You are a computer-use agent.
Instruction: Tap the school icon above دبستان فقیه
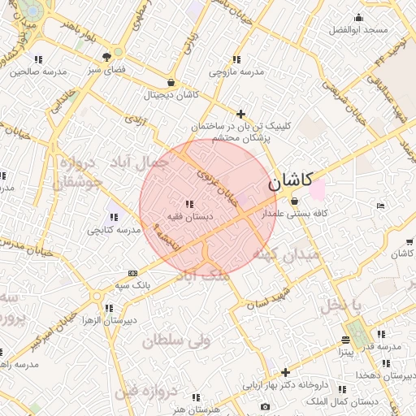189,204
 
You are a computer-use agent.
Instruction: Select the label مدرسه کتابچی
113,231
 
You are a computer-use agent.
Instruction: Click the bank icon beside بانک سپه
132,273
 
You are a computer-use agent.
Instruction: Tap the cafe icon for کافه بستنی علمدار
293,201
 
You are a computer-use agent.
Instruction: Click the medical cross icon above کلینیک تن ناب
240,114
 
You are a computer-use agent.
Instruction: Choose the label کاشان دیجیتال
171,95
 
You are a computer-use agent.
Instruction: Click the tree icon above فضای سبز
107,57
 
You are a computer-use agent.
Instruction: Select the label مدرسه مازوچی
236,72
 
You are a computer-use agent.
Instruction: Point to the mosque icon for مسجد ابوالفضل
358,18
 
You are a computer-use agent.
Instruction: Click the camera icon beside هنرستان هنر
265,406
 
